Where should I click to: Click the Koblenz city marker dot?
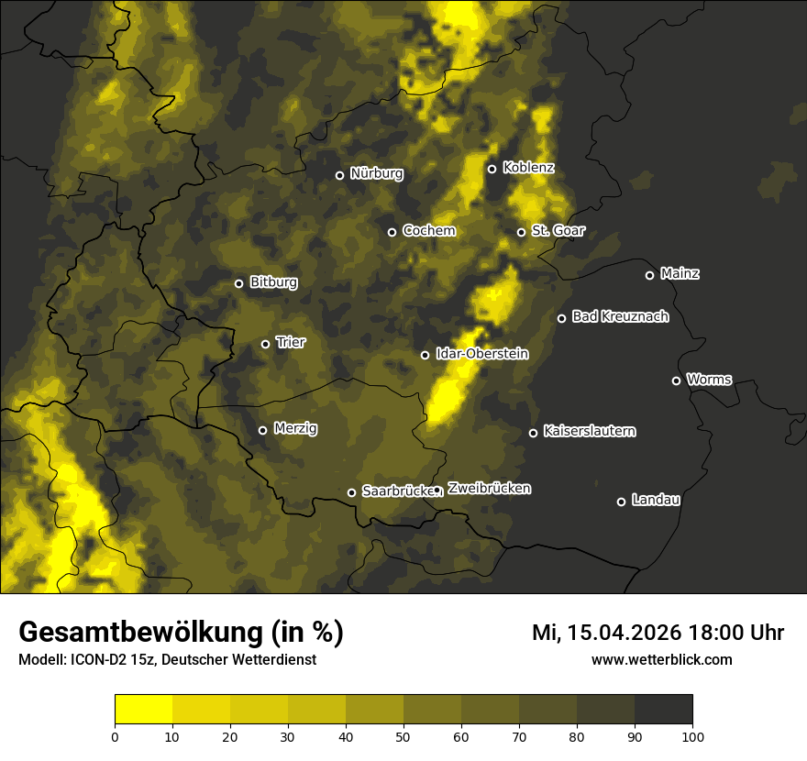point(492,169)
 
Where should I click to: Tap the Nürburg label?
point(377,174)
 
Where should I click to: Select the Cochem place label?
point(428,231)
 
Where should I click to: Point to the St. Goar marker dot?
point(521,232)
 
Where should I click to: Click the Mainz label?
point(680,274)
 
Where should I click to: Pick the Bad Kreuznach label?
point(620,317)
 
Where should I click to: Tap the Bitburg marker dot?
point(238,283)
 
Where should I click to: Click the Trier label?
point(291,343)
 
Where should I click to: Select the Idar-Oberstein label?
point(481,354)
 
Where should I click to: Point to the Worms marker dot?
point(676,380)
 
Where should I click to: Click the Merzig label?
point(296,428)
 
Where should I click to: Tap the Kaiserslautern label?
point(589,431)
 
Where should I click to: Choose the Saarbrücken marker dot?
point(351,492)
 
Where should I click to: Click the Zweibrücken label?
point(489,489)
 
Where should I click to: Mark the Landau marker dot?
point(621,502)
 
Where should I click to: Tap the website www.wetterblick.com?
point(661,659)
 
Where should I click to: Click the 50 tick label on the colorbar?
point(403,735)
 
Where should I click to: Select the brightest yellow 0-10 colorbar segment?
point(143,710)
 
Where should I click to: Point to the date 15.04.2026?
point(624,633)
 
